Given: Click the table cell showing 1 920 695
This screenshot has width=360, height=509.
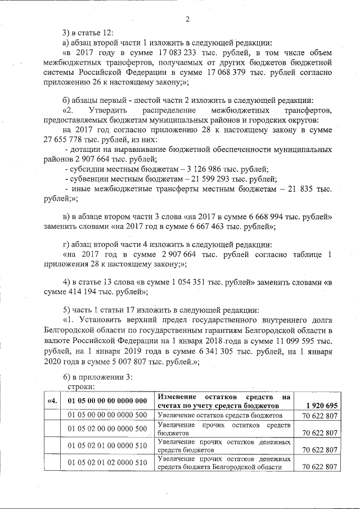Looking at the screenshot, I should pos(319,405).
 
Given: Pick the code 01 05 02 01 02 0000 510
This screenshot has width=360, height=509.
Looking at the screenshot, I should pos(107,462).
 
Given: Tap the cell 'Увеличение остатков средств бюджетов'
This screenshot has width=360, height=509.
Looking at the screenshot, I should pos(220,415).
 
